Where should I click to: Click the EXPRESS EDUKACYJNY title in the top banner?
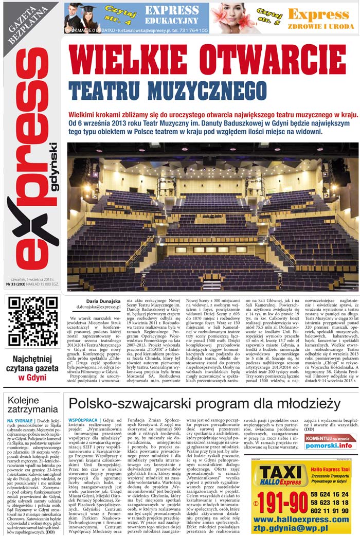pyautogui.click(x=171, y=15)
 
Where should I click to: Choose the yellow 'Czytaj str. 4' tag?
pyautogui.click(x=124, y=11)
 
